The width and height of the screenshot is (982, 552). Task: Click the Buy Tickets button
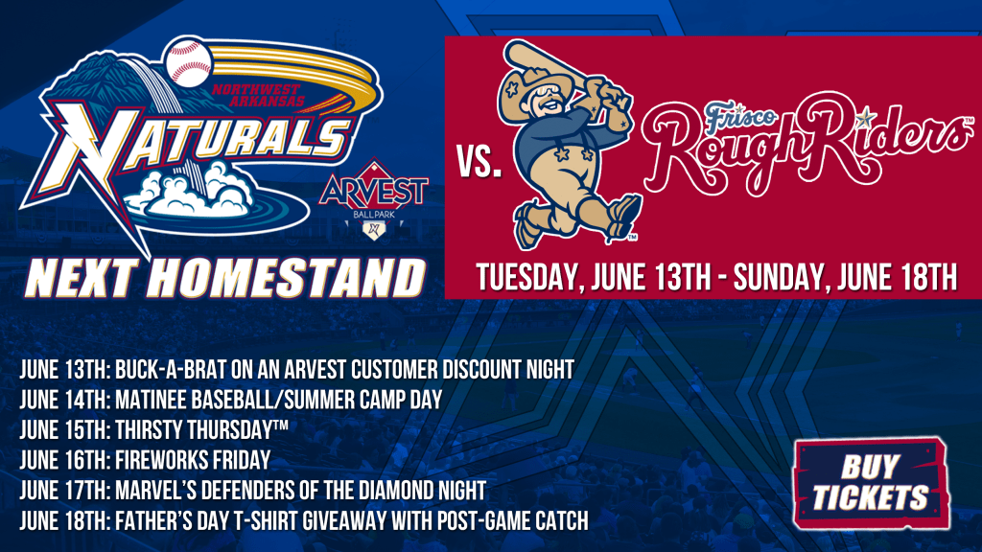[x=871, y=483]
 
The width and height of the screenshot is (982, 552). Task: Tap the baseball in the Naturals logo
[x=189, y=62]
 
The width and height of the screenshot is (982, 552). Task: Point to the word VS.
[x=479, y=164]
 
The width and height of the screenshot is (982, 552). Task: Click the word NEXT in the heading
[x=82, y=278]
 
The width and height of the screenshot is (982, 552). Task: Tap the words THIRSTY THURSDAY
[x=201, y=430]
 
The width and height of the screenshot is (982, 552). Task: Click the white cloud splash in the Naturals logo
[x=194, y=190]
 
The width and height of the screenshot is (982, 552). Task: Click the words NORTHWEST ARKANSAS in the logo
[x=257, y=95]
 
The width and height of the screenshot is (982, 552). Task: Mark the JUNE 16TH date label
[x=65, y=460]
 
